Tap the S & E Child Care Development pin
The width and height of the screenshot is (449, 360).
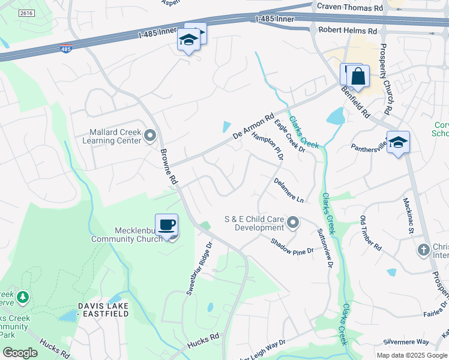[293, 223]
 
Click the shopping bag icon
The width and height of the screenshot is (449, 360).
[358, 77]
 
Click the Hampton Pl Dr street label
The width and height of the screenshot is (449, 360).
[268, 146]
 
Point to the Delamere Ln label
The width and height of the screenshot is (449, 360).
[289, 190]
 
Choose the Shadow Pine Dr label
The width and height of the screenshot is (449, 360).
[292, 246]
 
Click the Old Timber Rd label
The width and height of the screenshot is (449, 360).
[370, 233]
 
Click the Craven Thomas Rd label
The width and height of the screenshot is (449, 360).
[349, 8]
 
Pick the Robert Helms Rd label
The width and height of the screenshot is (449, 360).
[348, 29]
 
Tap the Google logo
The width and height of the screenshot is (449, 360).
[20, 353]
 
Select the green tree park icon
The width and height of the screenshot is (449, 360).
[23, 297]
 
